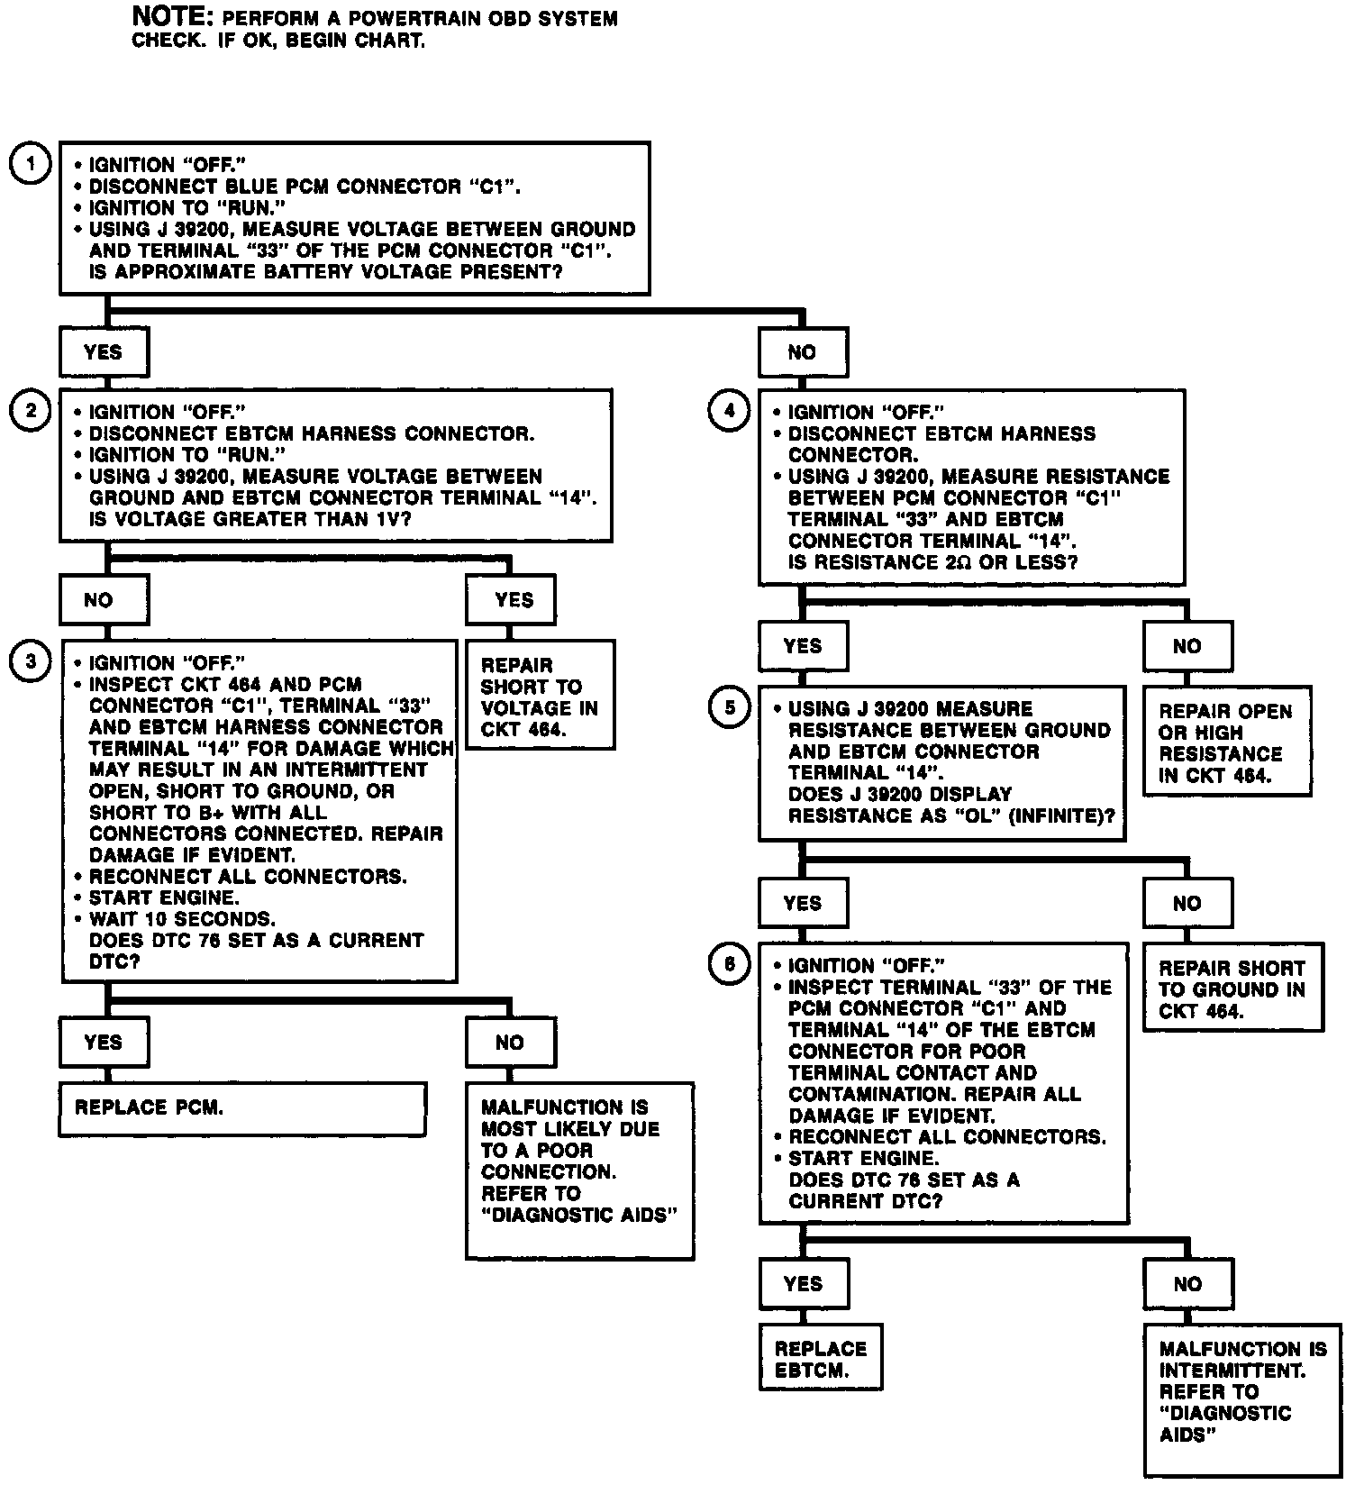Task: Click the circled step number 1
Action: pos(32,165)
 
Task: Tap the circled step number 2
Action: pos(32,412)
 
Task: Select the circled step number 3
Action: pos(32,661)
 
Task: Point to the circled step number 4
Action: pos(730,412)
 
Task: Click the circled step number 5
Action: pos(730,708)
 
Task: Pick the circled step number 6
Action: pos(730,965)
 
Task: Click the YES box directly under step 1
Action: pos(104,351)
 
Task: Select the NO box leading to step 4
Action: pos(802,351)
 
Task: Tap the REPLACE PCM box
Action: pos(242,1108)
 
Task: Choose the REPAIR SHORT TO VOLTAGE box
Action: pos(540,696)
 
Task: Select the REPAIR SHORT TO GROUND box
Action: pos(1232,988)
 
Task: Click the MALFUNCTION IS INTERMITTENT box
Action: pos(1241,1402)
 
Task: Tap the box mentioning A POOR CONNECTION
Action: pos(579,1171)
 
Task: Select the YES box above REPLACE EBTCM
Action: pos(803,1284)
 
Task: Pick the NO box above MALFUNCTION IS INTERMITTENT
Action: pos(1187,1284)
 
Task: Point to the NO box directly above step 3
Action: pos(104,600)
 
